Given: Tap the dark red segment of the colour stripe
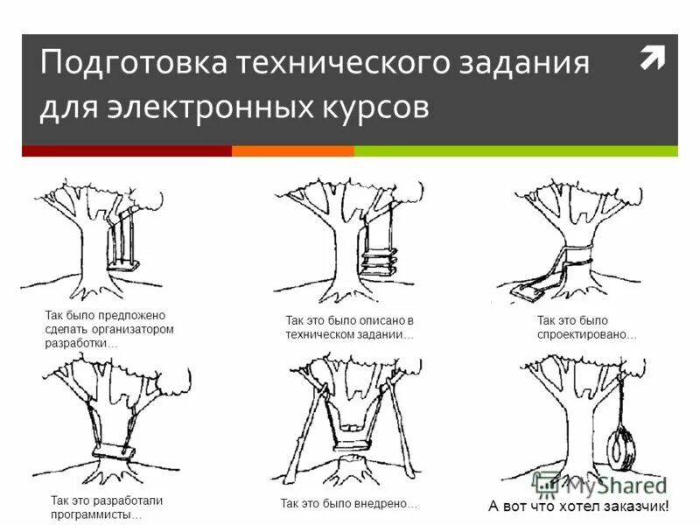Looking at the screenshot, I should (x=127, y=150).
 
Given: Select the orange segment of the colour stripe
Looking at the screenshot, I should (x=292, y=150).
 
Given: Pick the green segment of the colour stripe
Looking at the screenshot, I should (x=515, y=150).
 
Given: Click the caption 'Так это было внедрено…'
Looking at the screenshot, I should (x=348, y=504).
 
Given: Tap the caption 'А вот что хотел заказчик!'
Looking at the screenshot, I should (x=578, y=506).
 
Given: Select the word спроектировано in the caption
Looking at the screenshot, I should (x=586, y=335).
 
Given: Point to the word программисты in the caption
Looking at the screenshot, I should (x=95, y=515).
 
